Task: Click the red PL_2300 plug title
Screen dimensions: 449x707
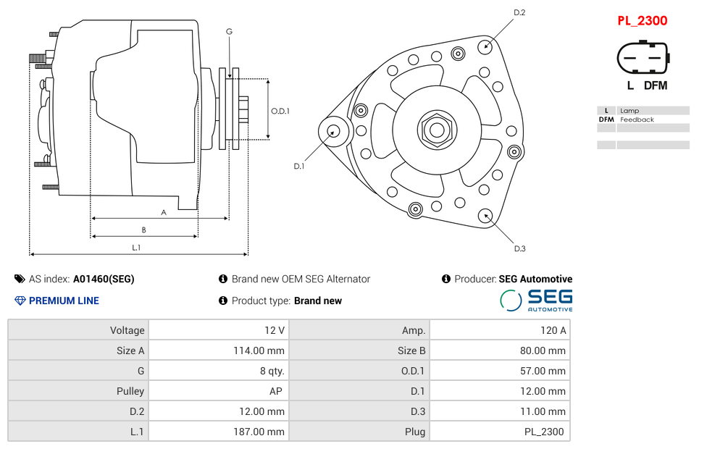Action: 642,20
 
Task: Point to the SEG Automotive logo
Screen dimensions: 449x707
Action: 536,301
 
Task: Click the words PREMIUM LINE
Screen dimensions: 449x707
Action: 64,301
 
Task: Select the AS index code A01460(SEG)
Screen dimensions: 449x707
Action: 104,279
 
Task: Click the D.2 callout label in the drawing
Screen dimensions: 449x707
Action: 519,12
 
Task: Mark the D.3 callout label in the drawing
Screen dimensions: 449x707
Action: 519,249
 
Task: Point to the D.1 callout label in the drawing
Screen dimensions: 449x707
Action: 298,166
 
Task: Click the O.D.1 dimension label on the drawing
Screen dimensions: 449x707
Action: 280,111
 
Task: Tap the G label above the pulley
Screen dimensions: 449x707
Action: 229,31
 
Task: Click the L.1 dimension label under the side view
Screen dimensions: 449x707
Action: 136,248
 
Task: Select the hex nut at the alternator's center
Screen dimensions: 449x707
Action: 436,130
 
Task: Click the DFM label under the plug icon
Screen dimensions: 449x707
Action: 656,85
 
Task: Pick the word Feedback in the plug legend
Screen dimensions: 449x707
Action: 637,119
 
